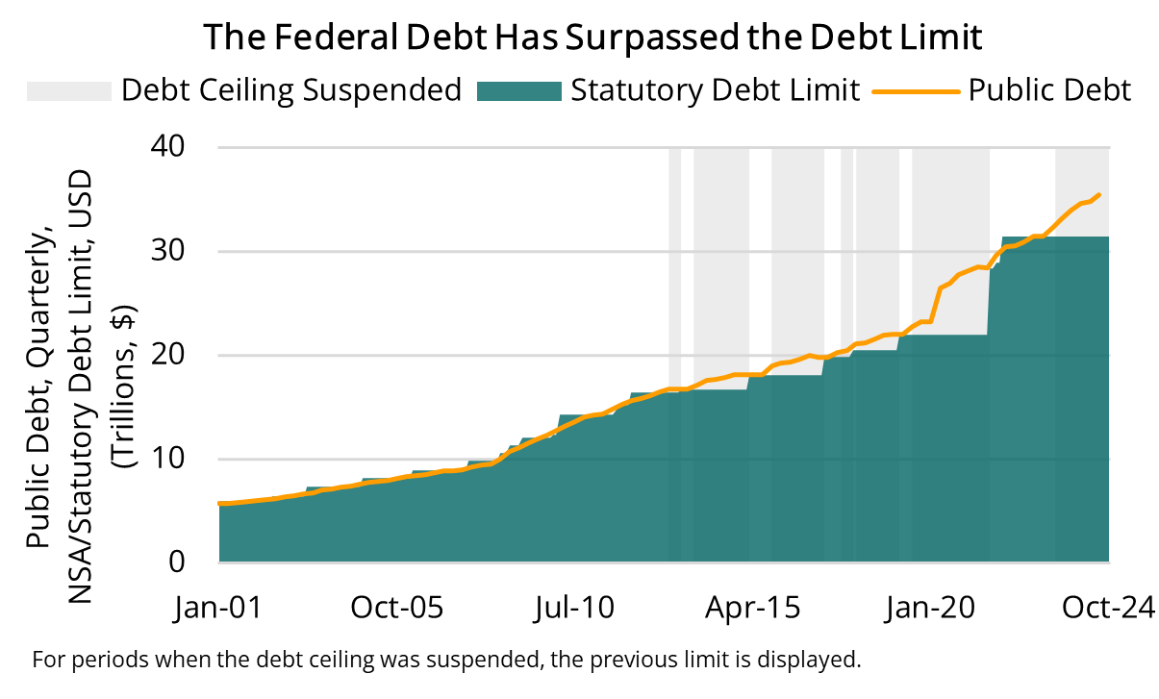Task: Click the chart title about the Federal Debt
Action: (592, 37)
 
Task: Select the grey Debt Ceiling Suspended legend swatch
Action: (68, 90)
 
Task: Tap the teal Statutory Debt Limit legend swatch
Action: (517, 90)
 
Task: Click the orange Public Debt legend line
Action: (916, 90)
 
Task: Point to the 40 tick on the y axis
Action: (178, 147)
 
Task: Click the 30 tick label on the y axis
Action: (178, 251)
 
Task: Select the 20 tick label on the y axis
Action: (178, 355)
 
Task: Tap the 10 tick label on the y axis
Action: (178, 459)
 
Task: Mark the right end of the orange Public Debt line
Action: (1099, 195)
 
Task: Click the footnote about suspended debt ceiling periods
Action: (444, 661)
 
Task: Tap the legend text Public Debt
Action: (1049, 90)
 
